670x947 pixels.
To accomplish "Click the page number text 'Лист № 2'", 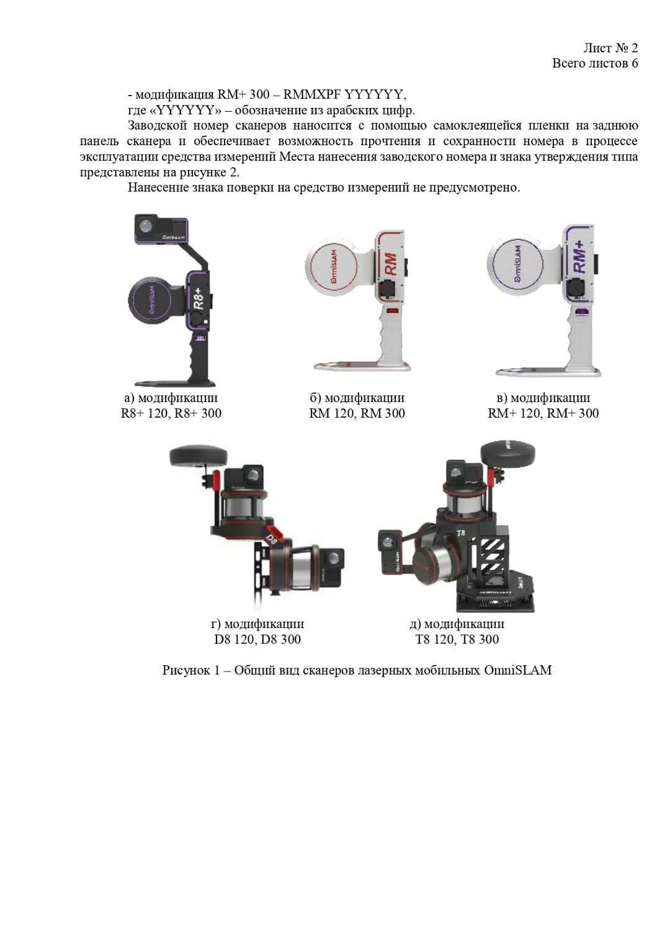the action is click(610, 48).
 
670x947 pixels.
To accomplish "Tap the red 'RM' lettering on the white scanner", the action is click(391, 264).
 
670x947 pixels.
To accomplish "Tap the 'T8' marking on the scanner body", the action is click(461, 532).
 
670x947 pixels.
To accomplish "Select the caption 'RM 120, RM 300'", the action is click(357, 413).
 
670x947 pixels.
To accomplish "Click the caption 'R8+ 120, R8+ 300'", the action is click(171, 413).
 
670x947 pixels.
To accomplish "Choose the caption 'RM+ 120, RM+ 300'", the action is click(543, 413).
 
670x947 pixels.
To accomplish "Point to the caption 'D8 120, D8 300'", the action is click(257, 639).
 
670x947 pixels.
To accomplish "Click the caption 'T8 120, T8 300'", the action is click(457, 639).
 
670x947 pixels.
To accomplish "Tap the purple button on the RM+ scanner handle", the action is click(583, 312).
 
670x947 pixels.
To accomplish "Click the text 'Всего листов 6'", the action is click(595, 63).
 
